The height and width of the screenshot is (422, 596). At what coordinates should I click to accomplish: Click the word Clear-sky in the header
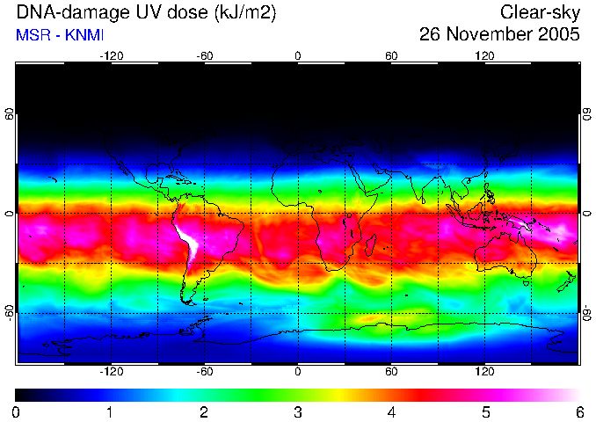(x=540, y=12)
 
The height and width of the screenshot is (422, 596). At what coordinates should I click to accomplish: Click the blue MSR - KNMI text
(x=60, y=35)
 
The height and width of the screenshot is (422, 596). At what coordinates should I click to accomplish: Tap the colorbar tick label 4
(x=391, y=412)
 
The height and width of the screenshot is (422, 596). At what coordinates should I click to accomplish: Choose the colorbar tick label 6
(x=579, y=412)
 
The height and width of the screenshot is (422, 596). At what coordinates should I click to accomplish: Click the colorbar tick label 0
(x=16, y=412)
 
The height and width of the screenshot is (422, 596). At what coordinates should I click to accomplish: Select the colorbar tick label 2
(x=204, y=412)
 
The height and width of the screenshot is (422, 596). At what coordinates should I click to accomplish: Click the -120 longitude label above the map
(x=112, y=56)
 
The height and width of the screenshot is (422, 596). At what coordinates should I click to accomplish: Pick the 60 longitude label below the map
(x=391, y=371)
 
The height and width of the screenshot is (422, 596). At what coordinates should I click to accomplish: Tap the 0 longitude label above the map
(x=298, y=56)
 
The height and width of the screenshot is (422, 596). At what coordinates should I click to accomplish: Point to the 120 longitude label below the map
(x=484, y=371)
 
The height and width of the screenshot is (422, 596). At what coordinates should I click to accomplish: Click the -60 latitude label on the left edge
(x=10, y=313)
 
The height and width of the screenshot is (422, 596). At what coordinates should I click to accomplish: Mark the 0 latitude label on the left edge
(x=10, y=214)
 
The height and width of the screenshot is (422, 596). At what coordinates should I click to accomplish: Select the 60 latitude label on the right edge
(x=587, y=114)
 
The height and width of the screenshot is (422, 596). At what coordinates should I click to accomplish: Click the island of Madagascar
(x=371, y=245)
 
